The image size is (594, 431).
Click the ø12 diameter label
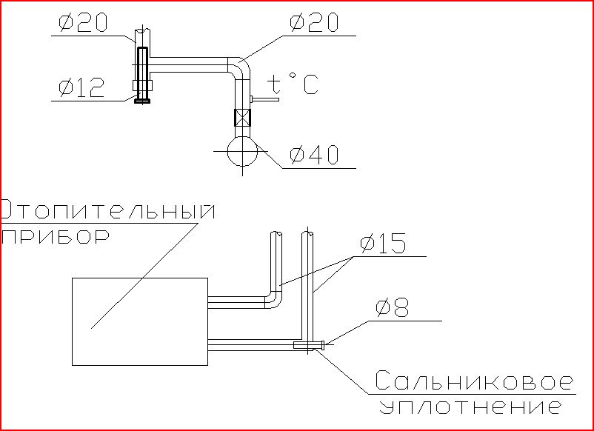point(81,88)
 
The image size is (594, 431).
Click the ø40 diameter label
point(314,155)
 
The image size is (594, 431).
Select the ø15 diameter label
point(383,243)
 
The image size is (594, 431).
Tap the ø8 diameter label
point(392,307)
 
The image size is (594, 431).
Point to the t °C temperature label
point(293,84)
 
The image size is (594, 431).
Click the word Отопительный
point(108,210)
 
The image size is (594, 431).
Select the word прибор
point(56,237)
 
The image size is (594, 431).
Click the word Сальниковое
point(474,381)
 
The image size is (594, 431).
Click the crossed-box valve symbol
point(242,118)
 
